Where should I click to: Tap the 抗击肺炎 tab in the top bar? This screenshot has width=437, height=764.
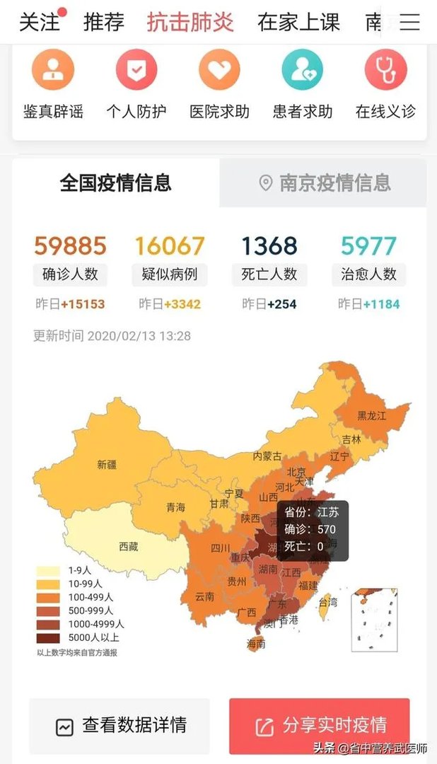[190, 22]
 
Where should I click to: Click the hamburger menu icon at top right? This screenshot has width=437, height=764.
[409, 22]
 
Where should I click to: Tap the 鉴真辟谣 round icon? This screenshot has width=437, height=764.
[53, 70]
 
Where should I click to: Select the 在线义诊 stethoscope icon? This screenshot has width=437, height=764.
[385, 70]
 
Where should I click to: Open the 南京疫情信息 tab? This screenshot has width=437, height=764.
[325, 183]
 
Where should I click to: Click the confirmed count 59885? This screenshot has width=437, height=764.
[70, 246]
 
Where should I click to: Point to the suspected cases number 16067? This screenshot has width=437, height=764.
[170, 246]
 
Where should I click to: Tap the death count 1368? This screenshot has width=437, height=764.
[269, 246]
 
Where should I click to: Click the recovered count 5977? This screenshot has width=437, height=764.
[368, 246]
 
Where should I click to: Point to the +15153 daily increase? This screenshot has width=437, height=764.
[83, 304]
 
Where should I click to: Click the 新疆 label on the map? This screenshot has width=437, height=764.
[107, 465]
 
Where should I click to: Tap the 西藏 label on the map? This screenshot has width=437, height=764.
[129, 546]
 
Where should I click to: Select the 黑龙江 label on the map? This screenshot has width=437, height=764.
[372, 416]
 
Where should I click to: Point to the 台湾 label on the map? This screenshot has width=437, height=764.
[328, 603]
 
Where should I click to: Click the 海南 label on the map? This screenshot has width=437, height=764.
[256, 644]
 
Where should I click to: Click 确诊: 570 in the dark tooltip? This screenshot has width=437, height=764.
[310, 529]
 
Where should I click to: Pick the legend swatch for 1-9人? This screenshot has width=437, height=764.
[48, 571]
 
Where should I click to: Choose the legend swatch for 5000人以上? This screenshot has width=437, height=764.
[48, 637]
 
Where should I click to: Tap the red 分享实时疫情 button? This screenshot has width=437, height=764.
[320, 726]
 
